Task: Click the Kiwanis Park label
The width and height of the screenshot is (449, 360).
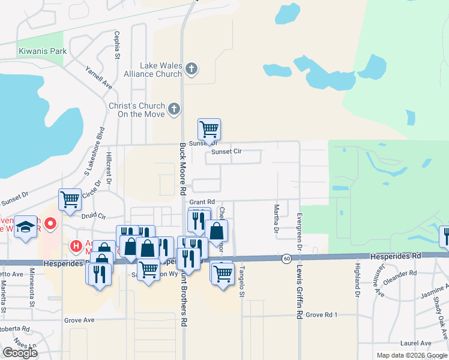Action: [43, 52]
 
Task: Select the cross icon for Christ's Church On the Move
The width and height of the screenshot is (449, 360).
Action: [173, 109]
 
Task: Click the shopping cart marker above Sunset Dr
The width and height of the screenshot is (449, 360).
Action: [209, 128]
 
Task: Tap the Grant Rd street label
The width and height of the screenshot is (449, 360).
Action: [202, 202]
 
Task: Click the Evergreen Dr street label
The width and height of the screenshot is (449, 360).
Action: [298, 228]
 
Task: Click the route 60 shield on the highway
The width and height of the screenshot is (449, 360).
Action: [286, 258]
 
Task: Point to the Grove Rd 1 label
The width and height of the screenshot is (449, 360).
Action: [322, 314]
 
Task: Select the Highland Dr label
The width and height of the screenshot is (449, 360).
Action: [357, 281]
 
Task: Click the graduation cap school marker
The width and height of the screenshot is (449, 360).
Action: [25, 227]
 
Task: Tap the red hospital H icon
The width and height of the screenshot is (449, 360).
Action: [76, 245]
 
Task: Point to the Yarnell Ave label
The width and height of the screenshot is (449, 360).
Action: [99, 77]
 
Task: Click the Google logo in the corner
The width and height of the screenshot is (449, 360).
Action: [20, 353]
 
